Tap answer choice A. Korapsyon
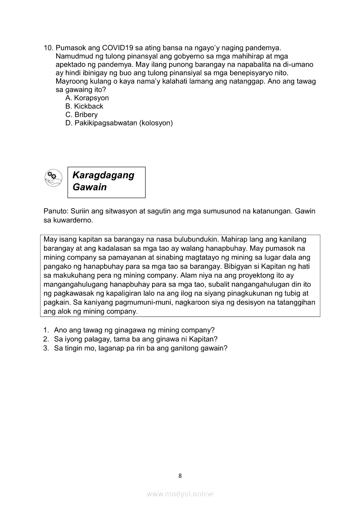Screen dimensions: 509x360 tap(87, 98)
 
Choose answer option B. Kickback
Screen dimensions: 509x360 tap(84, 106)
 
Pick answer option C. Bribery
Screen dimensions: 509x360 tap(82, 115)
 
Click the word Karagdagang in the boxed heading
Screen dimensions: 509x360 tap(103, 175)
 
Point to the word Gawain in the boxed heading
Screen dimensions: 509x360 tap(90, 187)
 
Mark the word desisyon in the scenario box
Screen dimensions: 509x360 tap(241, 303)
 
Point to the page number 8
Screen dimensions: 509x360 tap(180, 476)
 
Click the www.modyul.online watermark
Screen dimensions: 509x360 tap(180, 494)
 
